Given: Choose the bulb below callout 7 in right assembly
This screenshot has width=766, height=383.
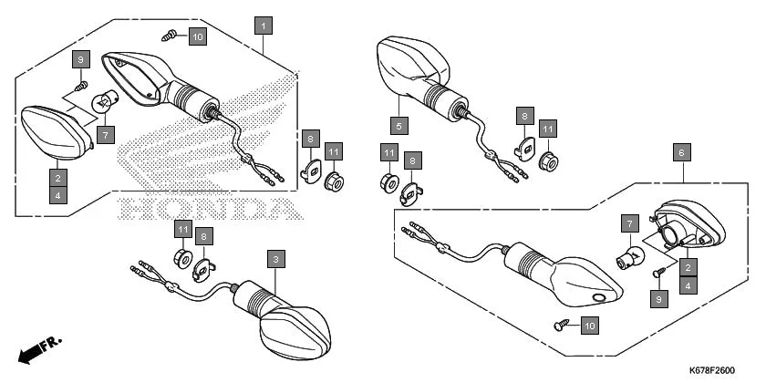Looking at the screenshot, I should pyautogui.click(x=629, y=255).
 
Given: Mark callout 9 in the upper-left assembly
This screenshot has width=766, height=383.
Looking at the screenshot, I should pyautogui.click(x=80, y=59).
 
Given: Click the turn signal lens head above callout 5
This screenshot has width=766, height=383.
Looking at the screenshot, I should pyautogui.click(x=412, y=64).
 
